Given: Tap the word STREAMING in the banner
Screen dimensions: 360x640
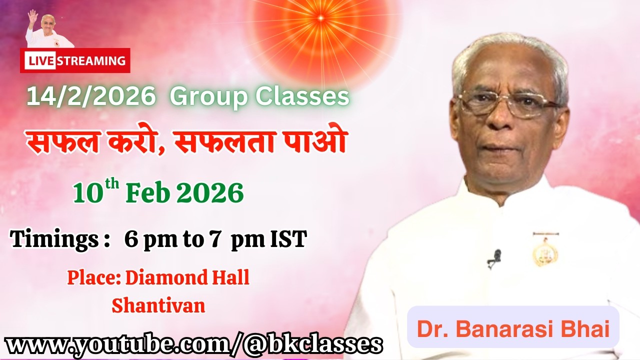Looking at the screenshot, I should pyautogui.click(x=91, y=61).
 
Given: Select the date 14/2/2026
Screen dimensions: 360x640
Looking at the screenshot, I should pyautogui.click(x=90, y=96).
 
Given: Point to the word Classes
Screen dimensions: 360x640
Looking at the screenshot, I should pyautogui.click(x=302, y=96).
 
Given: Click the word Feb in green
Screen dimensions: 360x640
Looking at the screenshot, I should pyautogui.click(x=148, y=193).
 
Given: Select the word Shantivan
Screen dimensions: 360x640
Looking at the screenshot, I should pyautogui.click(x=158, y=305).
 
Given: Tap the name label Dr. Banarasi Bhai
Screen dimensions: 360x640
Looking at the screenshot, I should pyautogui.click(x=513, y=329).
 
